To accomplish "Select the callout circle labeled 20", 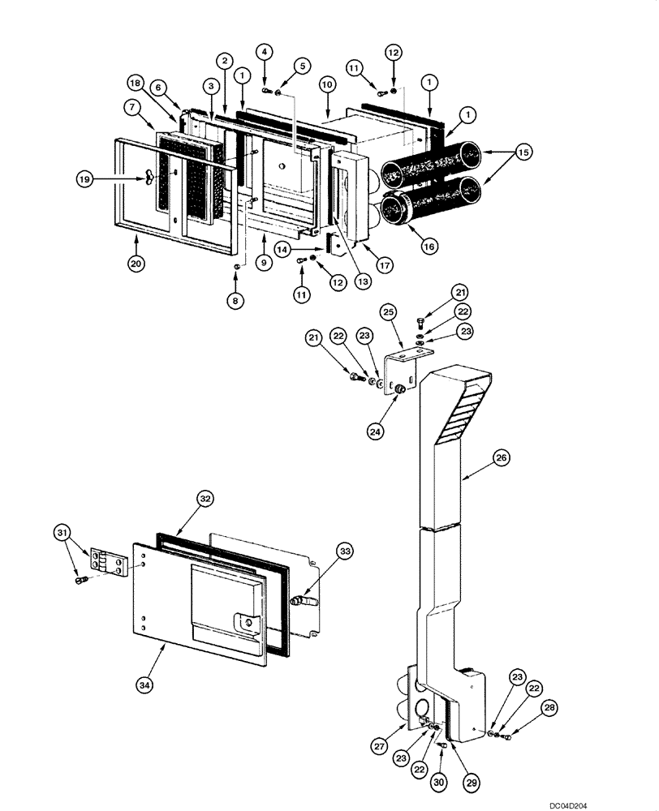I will [136, 262].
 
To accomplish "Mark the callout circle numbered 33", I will [345, 551].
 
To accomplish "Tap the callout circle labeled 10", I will [327, 84].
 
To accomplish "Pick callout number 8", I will [236, 299].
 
